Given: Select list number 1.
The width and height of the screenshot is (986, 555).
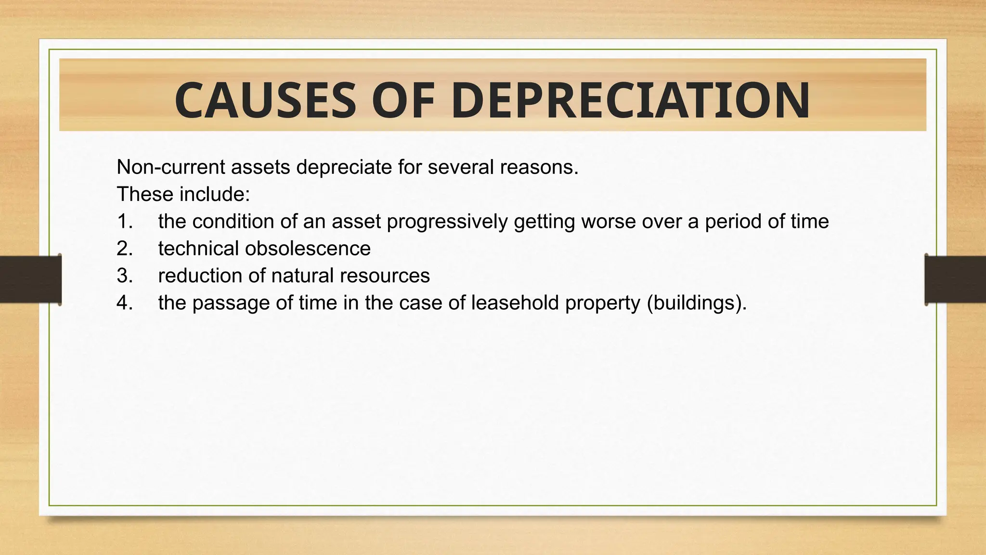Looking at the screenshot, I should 124,222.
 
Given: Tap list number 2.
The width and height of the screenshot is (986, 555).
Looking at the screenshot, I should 124,249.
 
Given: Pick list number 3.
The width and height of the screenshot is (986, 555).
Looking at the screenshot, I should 124,276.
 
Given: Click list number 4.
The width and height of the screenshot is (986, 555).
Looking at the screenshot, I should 124,303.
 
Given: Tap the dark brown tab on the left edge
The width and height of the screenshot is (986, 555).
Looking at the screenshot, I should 30,279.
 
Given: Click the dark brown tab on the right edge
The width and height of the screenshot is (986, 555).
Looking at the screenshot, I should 955,279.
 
